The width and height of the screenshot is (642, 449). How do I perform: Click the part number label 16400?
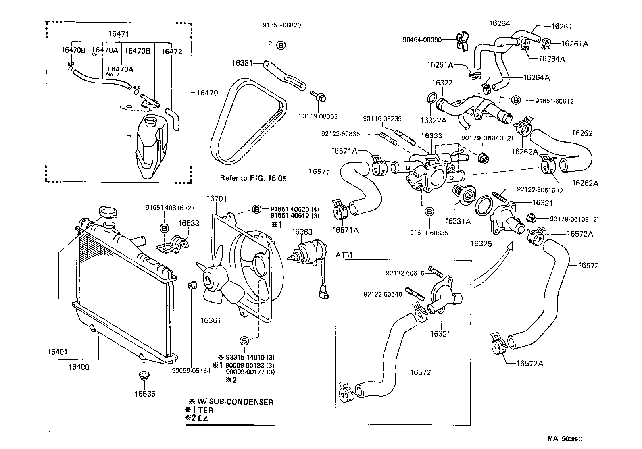(79, 367)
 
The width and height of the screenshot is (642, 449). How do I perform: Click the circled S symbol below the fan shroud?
(244, 341)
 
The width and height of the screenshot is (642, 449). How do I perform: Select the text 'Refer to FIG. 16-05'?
(253, 178)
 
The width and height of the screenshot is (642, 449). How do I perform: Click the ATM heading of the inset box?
(344, 255)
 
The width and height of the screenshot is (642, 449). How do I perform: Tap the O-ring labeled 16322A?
(430, 98)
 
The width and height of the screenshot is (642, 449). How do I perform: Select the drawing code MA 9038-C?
(565, 439)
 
